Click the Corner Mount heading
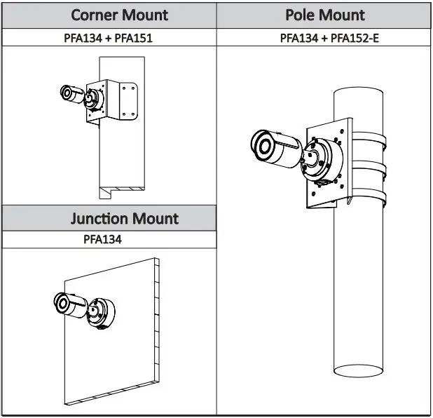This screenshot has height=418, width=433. pos(119,15)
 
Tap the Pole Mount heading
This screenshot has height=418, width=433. pos(325,15)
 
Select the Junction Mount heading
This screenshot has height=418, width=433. pos(124,218)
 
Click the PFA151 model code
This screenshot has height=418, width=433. pos(133,38)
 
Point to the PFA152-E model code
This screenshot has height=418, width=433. pos(355,38)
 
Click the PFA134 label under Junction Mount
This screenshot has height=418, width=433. pos(102,239)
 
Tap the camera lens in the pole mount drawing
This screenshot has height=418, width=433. pos(263,146)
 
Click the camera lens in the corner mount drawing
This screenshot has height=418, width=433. pos(67,93)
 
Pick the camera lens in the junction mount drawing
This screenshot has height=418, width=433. pos(62,304)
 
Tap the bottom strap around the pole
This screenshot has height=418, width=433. pos(370,194)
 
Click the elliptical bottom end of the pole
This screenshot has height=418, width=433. pos(358,371)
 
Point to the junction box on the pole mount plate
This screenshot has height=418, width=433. pos(323,161)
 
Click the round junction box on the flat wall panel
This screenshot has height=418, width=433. pos(101,313)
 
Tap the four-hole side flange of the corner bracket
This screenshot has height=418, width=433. pos(128,101)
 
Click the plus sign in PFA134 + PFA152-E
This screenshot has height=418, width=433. pos(324,38)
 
